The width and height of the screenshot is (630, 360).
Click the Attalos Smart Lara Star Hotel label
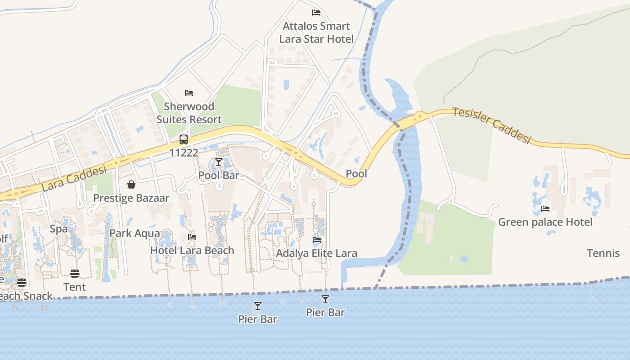click(x=316, y=32)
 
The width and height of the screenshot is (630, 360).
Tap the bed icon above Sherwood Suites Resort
click(x=189, y=93)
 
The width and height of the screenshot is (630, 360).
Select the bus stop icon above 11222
click(x=184, y=139)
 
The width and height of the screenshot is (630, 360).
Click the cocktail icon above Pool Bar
click(x=219, y=162)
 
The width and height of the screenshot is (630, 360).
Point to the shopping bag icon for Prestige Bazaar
click(x=131, y=184)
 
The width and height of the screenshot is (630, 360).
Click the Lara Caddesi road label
click(x=74, y=178)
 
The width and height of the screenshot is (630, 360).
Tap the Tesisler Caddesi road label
click(x=491, y=125)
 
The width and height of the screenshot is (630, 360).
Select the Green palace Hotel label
click(x=545, y=222)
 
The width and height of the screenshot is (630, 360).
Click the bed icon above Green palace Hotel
click(x=545, y=208)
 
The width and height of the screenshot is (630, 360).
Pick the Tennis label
click(x=603, y=253)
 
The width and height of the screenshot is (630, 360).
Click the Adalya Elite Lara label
click(x=316, y=253)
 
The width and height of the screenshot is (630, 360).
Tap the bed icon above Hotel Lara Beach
click(x=192, y=237)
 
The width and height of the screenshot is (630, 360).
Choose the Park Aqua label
click(x=135, y=233)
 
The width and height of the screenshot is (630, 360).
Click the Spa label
click(x=58, y=229)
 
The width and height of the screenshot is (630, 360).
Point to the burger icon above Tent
click(x=75, y=274)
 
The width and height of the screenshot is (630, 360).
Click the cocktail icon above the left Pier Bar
click(x=258, y=306)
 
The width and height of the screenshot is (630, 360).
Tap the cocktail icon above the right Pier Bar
click(x=325, y=299)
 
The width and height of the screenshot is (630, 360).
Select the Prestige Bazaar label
click(x=131, y=198)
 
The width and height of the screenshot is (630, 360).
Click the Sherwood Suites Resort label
click(x=189, y=113)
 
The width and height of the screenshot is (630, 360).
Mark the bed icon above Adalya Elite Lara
click(x=317, y=240)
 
